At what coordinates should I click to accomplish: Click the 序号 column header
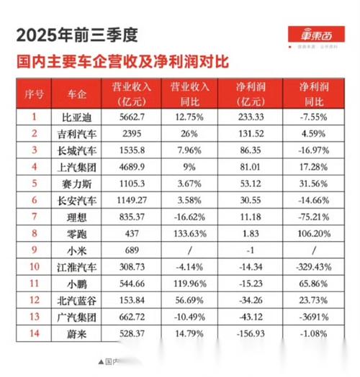[x=34, y=93]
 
